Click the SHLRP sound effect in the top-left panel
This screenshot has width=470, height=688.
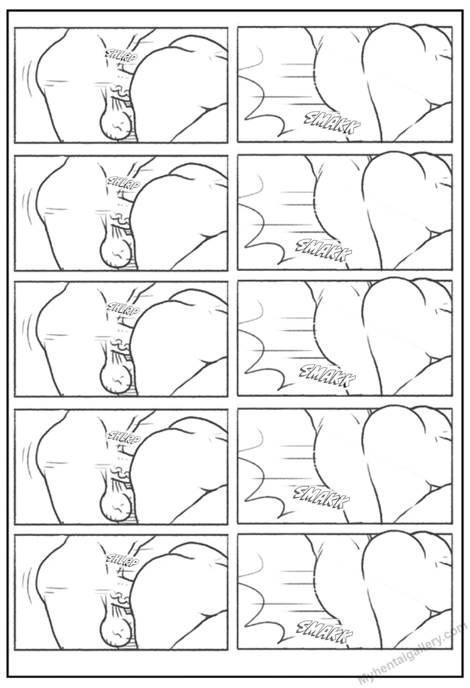pos(122,55)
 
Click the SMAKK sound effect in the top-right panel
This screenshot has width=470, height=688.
pos(333,123)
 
